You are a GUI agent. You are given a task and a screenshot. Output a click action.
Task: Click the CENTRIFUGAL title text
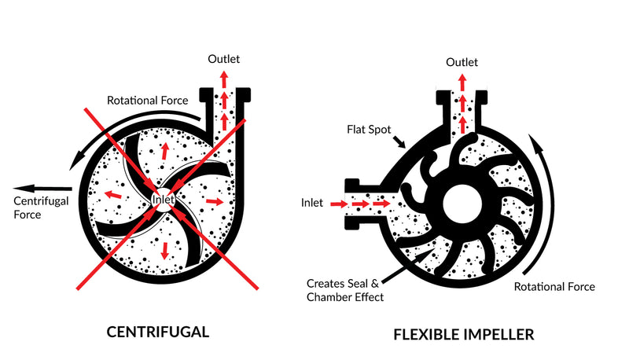click(x=158, y=332)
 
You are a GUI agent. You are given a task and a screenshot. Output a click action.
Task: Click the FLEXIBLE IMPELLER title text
click(x=464, y=334)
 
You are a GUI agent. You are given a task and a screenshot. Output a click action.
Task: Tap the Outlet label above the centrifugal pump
click(x=223, y=59)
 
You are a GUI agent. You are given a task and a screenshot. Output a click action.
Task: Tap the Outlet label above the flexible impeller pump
click(x=462, y=62)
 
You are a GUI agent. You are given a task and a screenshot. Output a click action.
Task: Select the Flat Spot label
click(x=369, y=130)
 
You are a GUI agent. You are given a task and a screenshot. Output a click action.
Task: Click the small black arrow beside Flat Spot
click(x=399, y=141)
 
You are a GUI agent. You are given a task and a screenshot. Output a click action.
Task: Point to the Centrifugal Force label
click(x=41, y=208)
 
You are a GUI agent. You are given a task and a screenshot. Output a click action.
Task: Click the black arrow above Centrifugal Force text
click(x=42, y=189)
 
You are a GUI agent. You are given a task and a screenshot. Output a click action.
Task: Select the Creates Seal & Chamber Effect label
click(x=344, y=290)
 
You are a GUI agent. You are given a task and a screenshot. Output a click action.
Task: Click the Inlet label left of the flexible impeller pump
click(x=311, y=203)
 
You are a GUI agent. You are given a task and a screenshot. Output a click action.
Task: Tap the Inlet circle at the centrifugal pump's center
click(x=164, y=199)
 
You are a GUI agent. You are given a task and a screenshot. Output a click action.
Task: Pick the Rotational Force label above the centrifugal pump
click(x=147, y=101)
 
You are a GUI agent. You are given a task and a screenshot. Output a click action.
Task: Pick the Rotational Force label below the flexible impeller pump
click(x=554, y=287)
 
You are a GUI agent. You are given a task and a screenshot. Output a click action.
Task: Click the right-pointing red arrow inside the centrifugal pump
click(x=215, y=201)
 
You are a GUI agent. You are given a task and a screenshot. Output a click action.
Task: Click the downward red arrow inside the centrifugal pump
click(x=164, y=251)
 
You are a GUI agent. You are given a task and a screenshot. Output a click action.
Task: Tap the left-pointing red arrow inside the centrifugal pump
click(x=112, y=195)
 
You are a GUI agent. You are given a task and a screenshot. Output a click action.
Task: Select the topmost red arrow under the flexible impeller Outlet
click(x=462, y=83)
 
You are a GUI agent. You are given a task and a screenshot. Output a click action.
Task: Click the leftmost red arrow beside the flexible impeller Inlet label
click(x=340, y=204)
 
